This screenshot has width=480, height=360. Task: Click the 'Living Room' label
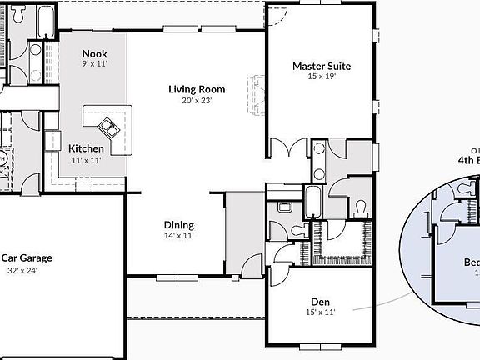coord(197,89)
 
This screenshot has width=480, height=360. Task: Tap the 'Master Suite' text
coord(321,66)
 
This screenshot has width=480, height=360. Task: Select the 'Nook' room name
coord(94,54)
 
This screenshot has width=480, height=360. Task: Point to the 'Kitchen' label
coord(86,148)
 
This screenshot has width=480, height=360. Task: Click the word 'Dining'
coord(178,225)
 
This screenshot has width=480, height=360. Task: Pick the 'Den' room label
coord(321,302)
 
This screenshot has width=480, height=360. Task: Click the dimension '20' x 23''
coord(197,100)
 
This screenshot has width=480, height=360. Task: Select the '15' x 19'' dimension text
coord(321,77)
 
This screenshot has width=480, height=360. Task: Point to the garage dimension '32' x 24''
coord(22,270)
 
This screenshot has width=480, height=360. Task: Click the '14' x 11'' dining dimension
coord(178,236)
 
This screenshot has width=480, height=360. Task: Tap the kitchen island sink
coord(109,127)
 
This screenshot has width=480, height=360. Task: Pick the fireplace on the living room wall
coord(256,94)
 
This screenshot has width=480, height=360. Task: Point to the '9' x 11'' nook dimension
coord(94,64)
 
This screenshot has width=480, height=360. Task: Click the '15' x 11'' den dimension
coord(321,312)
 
